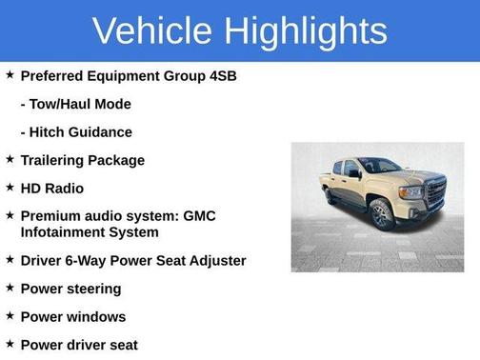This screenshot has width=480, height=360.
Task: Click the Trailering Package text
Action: pyautogui.click(x=82, y=160)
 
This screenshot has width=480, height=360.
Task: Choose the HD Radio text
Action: pyautogui.click(x=51, y=189)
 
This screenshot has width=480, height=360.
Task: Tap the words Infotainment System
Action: pyautogui.click(x=90, y=231)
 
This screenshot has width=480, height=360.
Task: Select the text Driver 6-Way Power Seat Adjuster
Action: pyautogui.click(x=132, y=260)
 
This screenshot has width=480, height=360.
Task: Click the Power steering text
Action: pyautogui.click(x=70, y=289)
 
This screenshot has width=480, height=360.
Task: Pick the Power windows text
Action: pyautogui.click(x=72, y=316)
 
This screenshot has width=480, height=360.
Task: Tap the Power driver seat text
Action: pyautogui.click(x=79, y=345)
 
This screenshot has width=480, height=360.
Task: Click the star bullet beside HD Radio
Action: pyautogui.click(x=10, y=188)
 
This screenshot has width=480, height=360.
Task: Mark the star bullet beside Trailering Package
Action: pyautogui.click(x=10, y=159)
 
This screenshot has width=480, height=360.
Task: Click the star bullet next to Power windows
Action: pyautogui.click(x=10, y=315)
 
